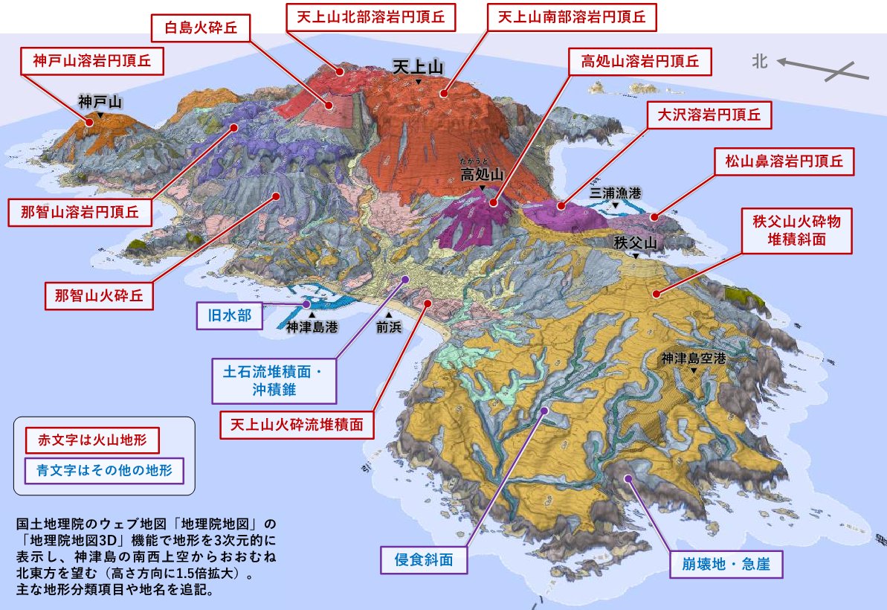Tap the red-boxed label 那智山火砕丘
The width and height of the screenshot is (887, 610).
click(x=99, y=295)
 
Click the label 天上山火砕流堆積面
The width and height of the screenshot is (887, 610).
click(x=296, y=425)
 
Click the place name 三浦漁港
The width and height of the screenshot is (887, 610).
click(x=615, y=193)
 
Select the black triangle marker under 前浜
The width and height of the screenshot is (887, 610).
click(x=388, y=315)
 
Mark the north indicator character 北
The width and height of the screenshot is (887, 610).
click(x=759, y=62)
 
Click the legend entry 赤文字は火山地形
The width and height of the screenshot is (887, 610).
click(x=92, y=440)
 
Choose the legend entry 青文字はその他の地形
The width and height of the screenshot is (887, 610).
click(x=103, y=470)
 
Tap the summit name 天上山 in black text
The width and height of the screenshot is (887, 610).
click(x=418, y=68)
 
